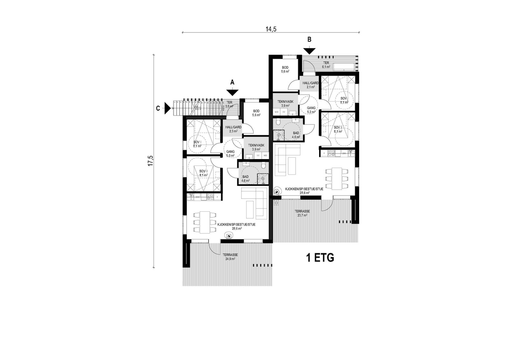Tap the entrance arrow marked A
(x=233, y=92)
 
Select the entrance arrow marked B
(x=309, y=51)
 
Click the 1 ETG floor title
(x=320, y=258)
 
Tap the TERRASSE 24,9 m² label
(x=230, y=257)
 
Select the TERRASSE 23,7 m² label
(x=302, y=213)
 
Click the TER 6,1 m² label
(x=326, y=65)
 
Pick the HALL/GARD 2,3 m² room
(x=233, y=129)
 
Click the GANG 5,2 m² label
(x=311, y=110)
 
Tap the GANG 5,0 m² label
(x=230, y=153)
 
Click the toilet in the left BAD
(x=263, y=166)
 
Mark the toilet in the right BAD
(x=278, y=122)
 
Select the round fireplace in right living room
(x=277, y=192)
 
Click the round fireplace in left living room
(x=228, y=236)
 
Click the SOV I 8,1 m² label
(x=197, y=144)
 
